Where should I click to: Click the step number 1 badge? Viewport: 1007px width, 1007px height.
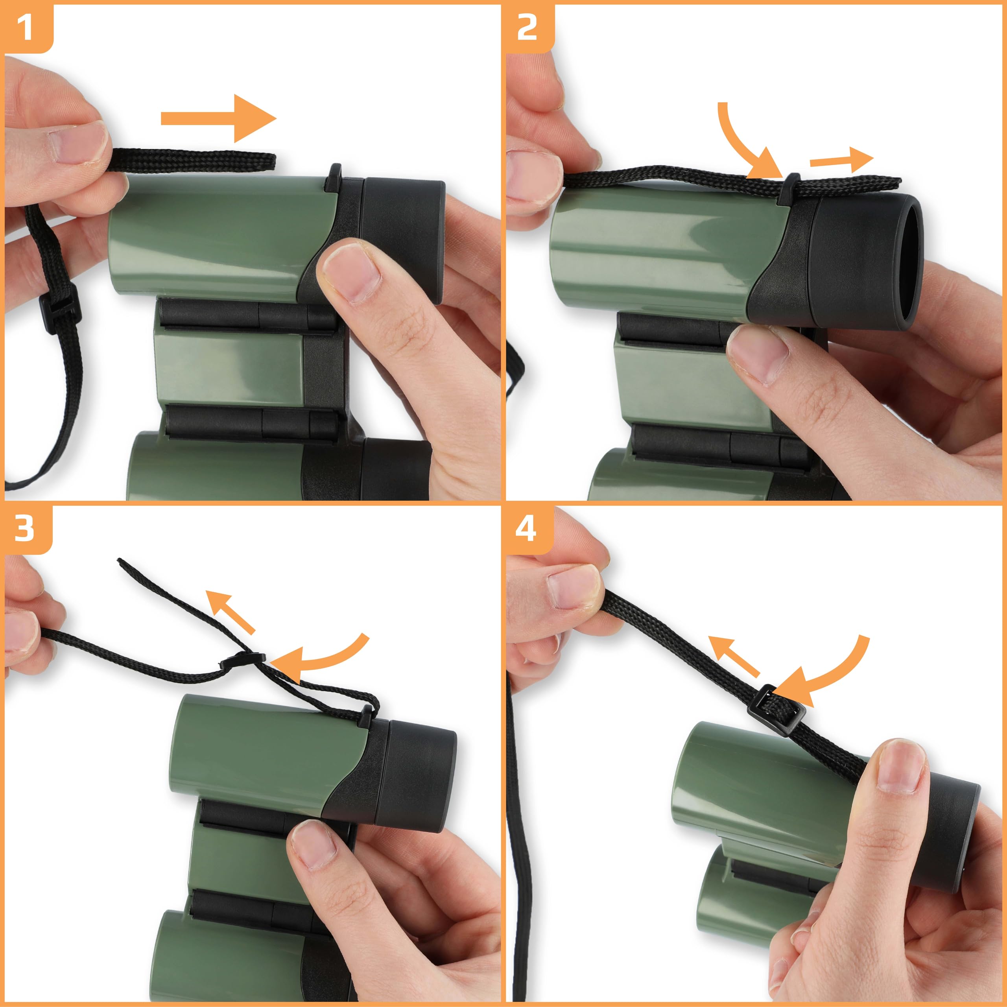(x=25, y=27)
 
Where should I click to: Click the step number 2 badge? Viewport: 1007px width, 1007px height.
(x=527, y=27)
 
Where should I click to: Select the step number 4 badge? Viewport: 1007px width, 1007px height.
(x=526, y=528)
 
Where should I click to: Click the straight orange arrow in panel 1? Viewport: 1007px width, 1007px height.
(x=219, y=119)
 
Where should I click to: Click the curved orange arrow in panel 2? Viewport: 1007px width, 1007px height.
(x=745, y=146)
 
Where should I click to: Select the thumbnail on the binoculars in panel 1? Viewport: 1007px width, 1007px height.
(x=350, y=274)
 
